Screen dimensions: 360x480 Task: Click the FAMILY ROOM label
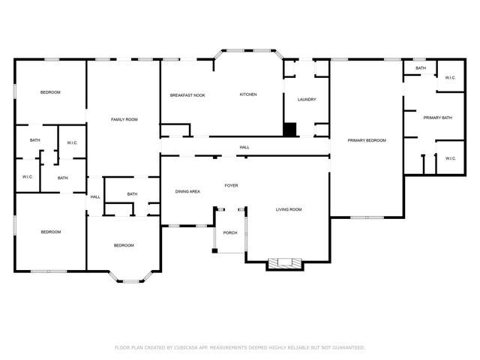click(124, 120)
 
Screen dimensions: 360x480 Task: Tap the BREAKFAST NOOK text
click(187, 95)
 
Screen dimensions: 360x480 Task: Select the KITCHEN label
click(248, 94)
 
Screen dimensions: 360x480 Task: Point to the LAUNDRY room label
click(307, 100)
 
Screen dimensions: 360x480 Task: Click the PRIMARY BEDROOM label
click(367, 140)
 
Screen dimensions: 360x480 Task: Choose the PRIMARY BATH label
click(437, 118)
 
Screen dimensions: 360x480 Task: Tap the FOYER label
click(232, 184)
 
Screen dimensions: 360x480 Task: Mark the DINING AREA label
click(187, 192)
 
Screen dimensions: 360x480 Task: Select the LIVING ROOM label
click(289, 209)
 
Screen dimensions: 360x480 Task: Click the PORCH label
click(230, 232)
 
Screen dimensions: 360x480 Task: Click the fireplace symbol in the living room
click(284, 262)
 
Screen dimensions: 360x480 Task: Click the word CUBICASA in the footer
click(187, 348)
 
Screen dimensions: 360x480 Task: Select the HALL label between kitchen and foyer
click(244, 148)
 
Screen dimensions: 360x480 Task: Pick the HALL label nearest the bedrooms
click(95, 197)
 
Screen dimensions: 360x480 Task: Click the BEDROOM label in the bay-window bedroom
click(124, 245)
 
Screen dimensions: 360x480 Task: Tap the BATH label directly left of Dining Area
click(132, 194)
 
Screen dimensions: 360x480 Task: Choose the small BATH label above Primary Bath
click(421, 68)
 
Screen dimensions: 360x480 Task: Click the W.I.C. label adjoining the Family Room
click(73, 143)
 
